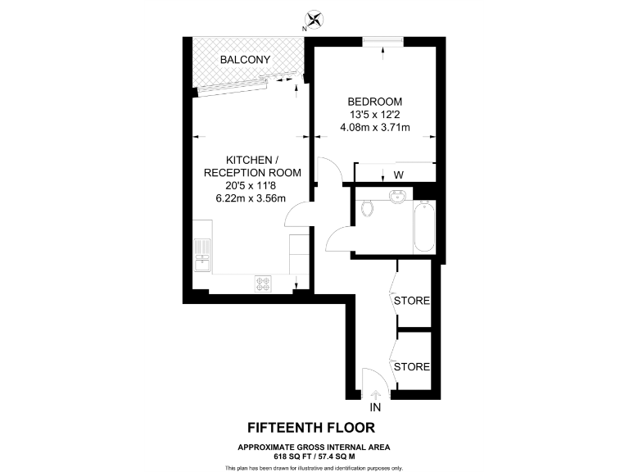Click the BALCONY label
pyautogui.click(x=244, y=60)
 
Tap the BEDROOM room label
pyautogui.click(x=373, y=102)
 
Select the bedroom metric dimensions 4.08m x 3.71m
pyautogui.click(x=374, y=127)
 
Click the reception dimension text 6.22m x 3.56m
pyautogui.click(x=251, y=198)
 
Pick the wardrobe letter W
pyautogui.click(x=399, y=175)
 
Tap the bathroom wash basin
pyautogui.click(x=398, y=197)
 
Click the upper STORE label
pyautogui.click(x=412, y=301)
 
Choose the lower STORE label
pyautogui.click(x=412, y=366)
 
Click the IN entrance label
pyautogui.click(x=376, y=407)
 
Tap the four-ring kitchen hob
pyautogui.click(x=264, y=283)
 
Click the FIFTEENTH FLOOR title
pyautogui.click(x=314, y=428)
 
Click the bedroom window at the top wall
pyautogui.click(x=382, y=41)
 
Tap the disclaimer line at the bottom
pyautogui.click(x=314, y=467)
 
